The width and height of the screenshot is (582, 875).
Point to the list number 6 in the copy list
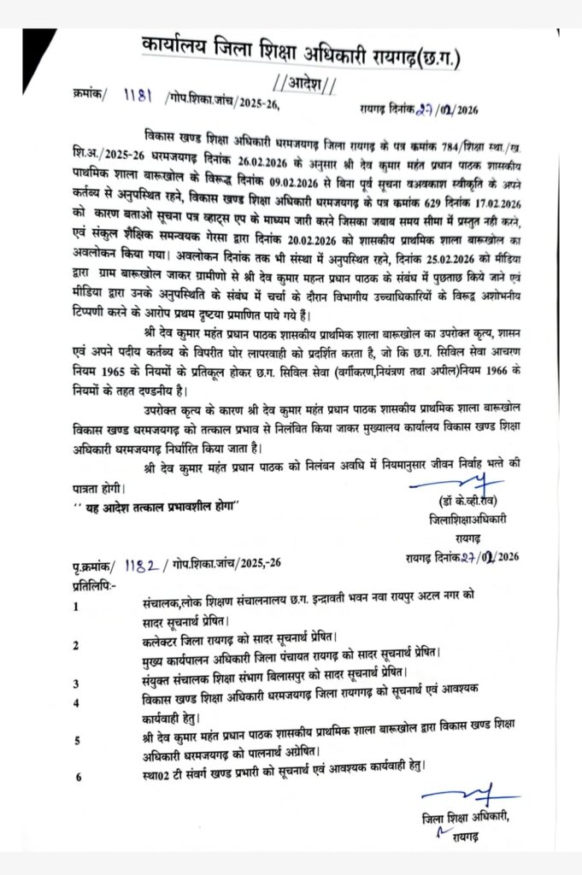[x=79, y=777]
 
